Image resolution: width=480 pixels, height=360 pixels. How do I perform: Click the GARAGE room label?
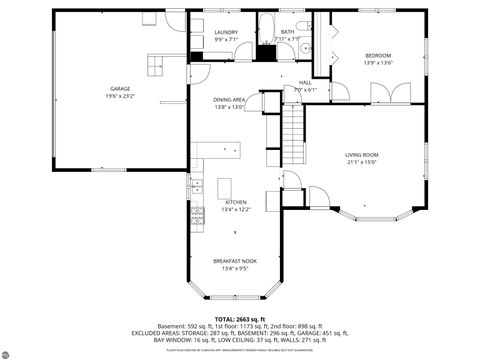tap(120, 89)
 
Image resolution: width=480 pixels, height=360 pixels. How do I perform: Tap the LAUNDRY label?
tap(226, 32)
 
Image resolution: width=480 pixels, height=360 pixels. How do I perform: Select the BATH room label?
tap(287, 32)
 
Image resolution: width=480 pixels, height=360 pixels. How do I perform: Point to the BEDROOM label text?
tap(377, 55)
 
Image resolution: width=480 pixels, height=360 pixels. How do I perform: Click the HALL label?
tap(305, 83)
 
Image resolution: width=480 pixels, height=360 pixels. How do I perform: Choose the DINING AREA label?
tap(229, 100)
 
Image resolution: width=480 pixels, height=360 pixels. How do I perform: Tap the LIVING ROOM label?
tap(362, 154)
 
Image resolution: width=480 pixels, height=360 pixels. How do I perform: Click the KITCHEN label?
tap(236, 202)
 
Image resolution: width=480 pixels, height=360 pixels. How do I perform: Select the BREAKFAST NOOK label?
tap(235, 261)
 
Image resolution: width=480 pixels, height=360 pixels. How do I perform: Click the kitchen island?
tap(225, 187)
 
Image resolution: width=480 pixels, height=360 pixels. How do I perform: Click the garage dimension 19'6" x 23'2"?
tap(120, 96)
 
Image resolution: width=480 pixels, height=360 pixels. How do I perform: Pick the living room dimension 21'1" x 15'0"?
tap(362, 161)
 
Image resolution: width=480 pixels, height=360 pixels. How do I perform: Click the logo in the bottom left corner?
tap(15, 349)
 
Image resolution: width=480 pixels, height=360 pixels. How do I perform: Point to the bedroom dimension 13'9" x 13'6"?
tap(377, 62)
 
